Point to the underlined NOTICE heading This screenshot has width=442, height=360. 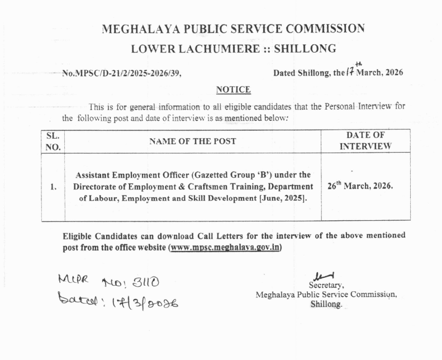coord(233,90)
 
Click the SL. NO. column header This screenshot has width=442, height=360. coord(53,141)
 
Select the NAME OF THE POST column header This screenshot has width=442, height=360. coord(192,141)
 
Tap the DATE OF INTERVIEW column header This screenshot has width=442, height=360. coord(365,141)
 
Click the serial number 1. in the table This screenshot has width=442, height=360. coord(53,187)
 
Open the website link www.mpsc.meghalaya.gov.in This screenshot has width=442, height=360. coord(225,247)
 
